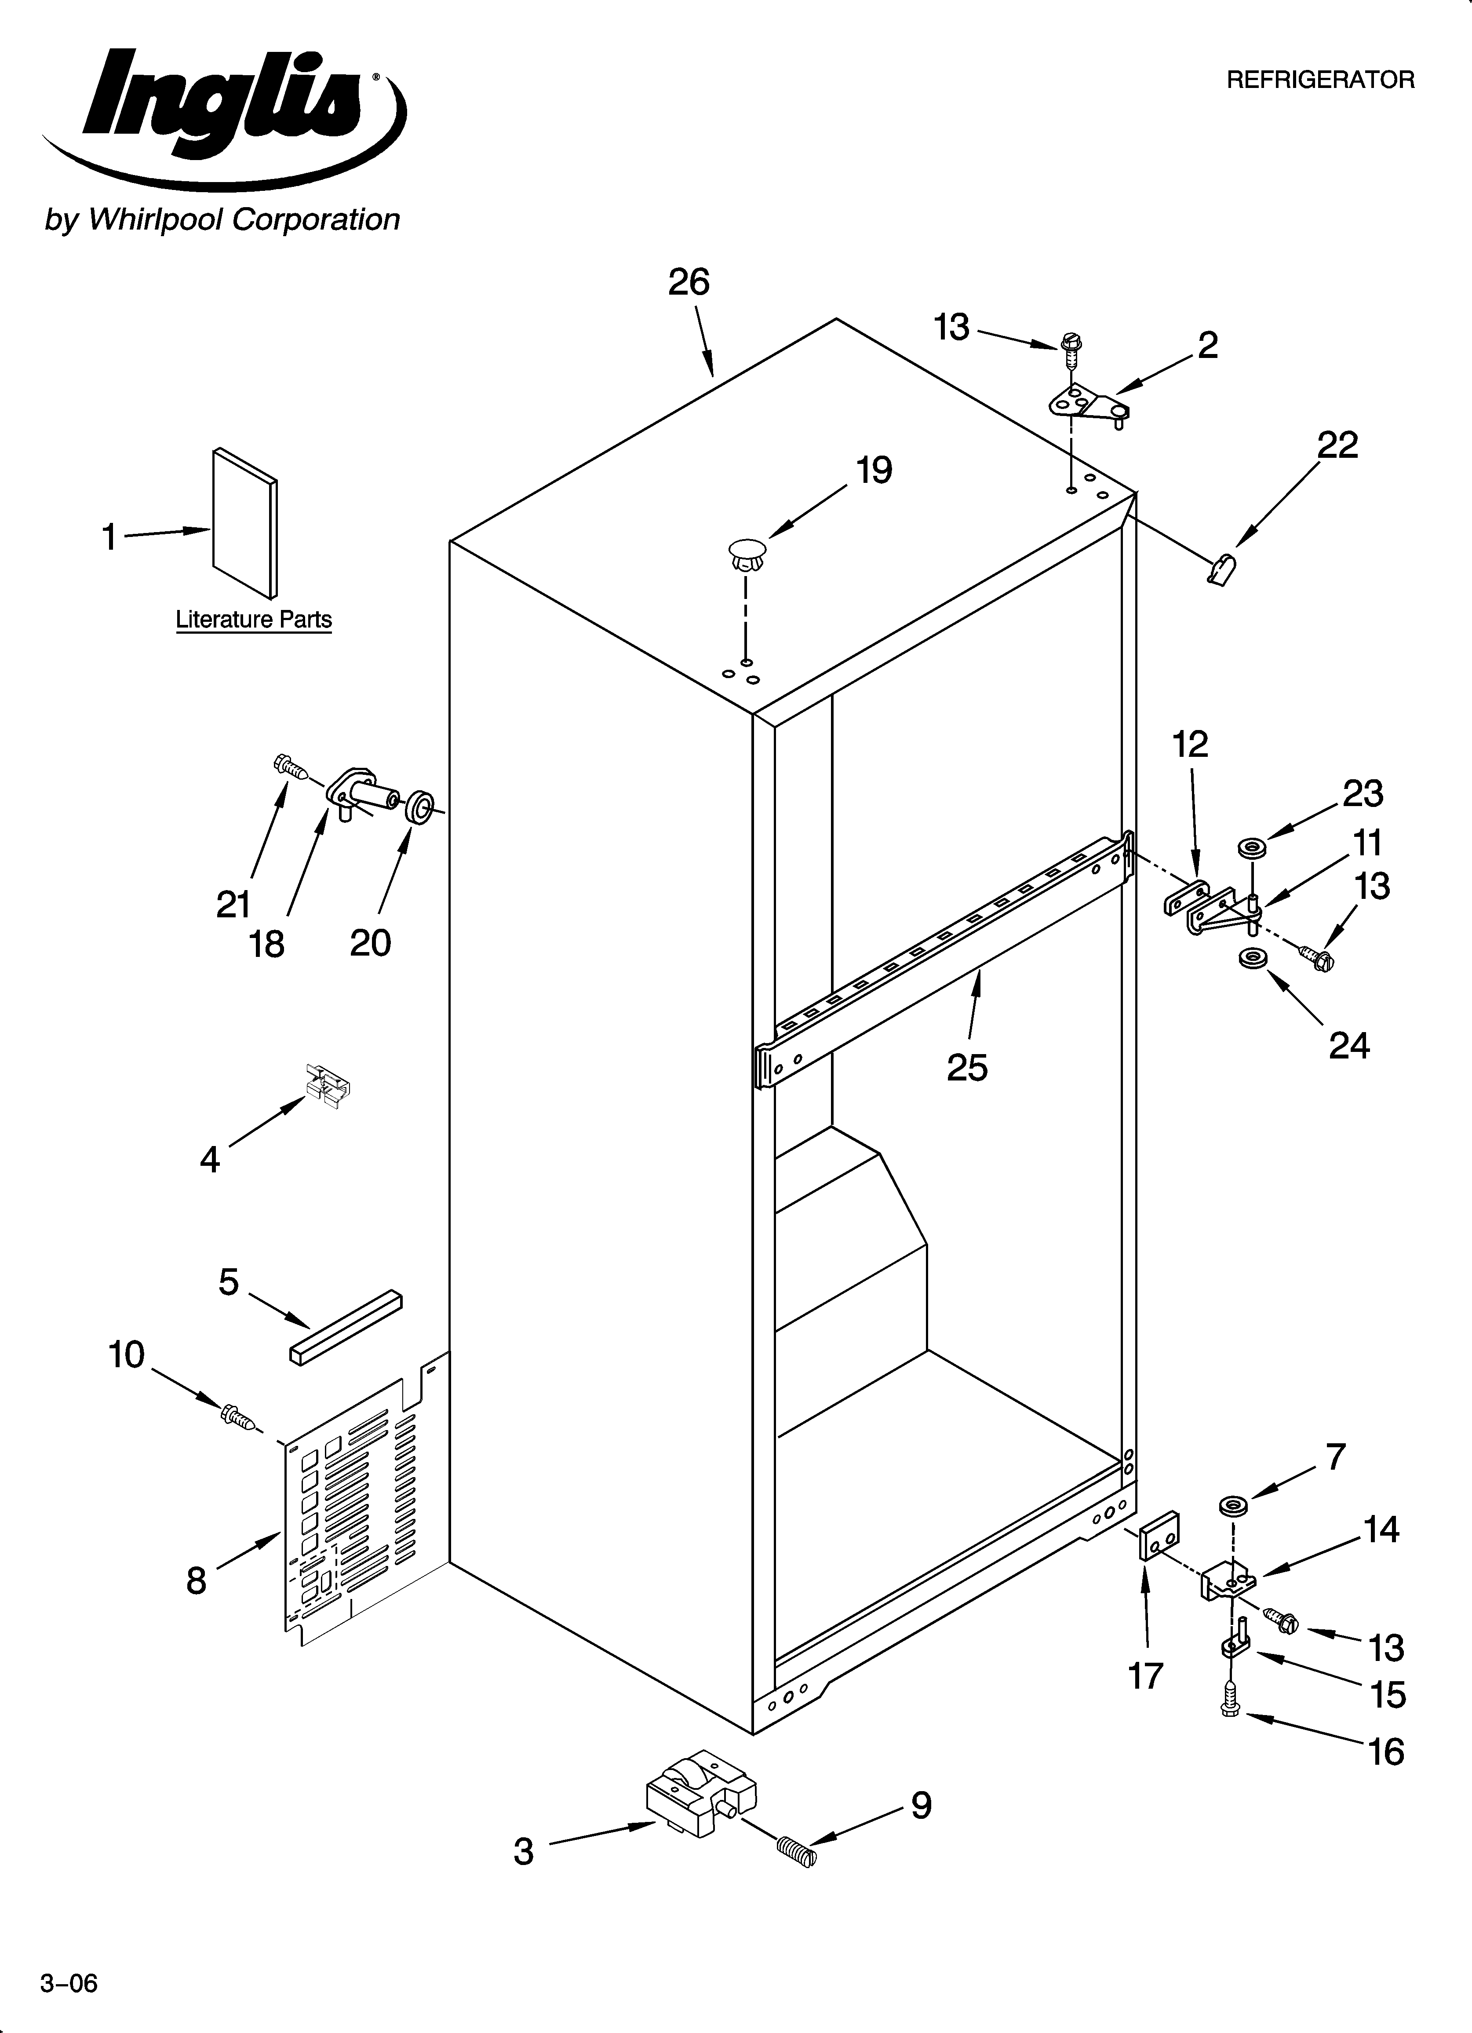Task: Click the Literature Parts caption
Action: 254,620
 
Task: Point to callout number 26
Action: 689,282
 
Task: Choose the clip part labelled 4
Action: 327,1081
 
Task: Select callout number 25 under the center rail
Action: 967,1068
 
